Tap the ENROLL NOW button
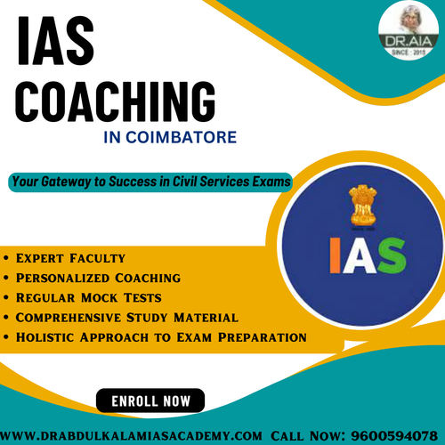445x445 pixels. (150, 401)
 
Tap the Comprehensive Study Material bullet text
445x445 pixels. (128, 317)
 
